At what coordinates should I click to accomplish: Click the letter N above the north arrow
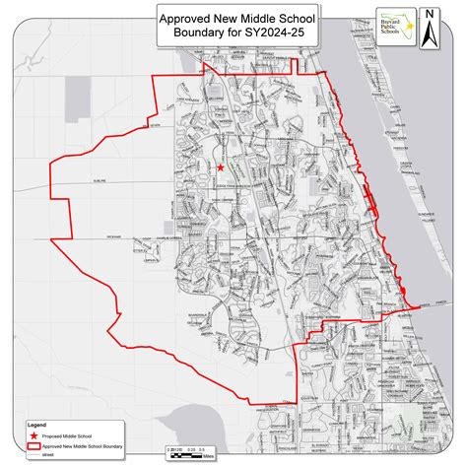(430, 13)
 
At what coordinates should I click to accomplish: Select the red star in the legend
(33, 434)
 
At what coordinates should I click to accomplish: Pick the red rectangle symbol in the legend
(33, 445)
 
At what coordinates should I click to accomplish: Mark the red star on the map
(219, 169)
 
